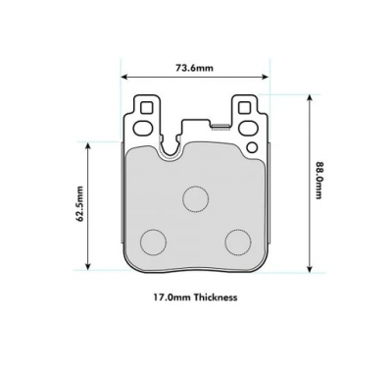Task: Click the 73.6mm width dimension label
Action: (x=194, y=68)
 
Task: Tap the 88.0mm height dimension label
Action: (x=318, y=181)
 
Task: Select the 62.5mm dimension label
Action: (x=79, y=203)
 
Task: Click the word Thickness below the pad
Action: (x=216, y=298)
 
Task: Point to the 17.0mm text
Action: (x=172, y=298)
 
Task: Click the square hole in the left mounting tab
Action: (x=147, y=108)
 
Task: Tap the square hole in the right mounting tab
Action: (x=244, y=108)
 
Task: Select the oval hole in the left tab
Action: (x=143, y=128)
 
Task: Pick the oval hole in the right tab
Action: (x=247, y=128)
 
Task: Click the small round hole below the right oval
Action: (x=252, y=148)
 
